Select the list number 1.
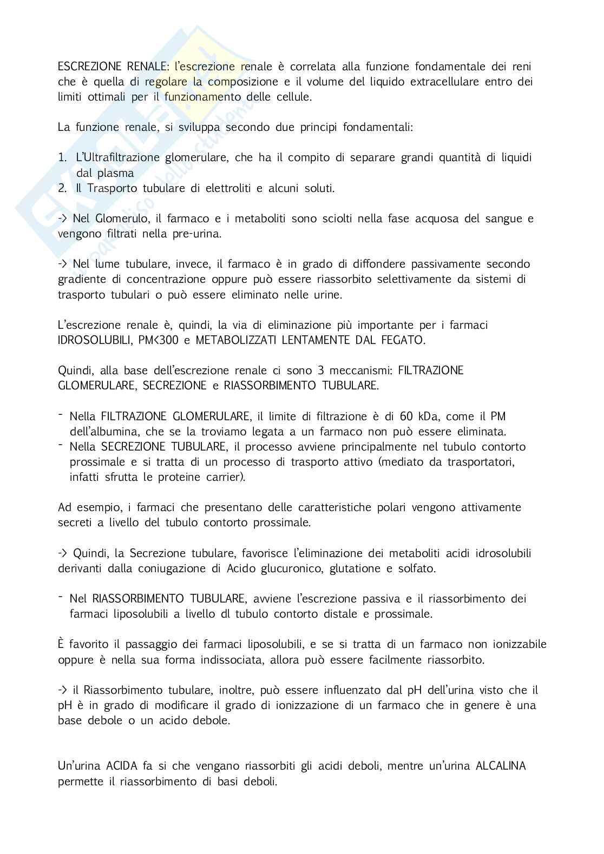62,157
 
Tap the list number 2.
62,188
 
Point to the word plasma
115,173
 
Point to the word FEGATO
399,340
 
